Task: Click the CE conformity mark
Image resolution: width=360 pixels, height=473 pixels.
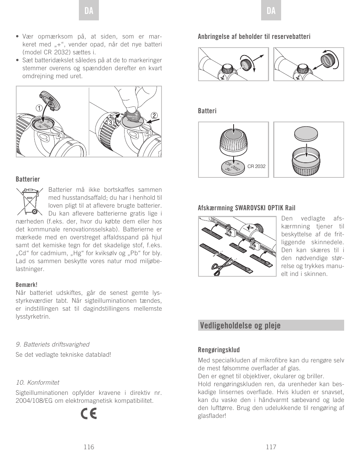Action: [89, 413]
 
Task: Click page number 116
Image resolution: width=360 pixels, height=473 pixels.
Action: [89, 447]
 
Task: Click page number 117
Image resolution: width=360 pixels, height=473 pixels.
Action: [271, 447]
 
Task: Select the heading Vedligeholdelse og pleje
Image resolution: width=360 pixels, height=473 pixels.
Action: [240, 325]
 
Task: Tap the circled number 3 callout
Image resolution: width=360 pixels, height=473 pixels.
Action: [110, 123]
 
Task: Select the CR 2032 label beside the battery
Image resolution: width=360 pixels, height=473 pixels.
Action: [256, 166]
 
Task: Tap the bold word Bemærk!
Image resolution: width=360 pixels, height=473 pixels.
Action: [26, 285]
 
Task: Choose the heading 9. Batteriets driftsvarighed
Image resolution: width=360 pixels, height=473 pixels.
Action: [52, 344]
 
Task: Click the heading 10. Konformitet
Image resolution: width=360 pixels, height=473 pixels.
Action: [37, 382]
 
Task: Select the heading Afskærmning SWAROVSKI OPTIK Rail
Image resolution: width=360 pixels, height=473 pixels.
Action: [246, 208]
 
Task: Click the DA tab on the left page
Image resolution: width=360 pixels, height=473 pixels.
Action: [89, 11]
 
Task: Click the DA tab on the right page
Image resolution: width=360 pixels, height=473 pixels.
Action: [271, 11]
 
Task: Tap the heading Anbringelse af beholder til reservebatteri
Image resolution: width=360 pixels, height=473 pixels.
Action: [254, 37]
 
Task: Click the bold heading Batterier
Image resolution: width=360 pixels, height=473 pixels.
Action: [28, 179]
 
